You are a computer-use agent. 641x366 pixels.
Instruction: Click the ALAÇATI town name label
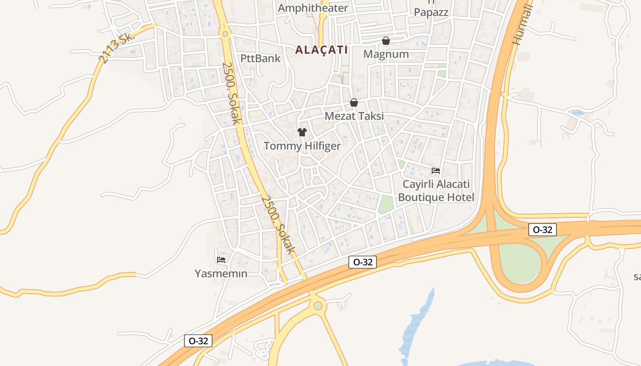(x=321, y=50)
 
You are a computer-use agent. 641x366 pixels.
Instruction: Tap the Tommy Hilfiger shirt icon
(x=302, y=132)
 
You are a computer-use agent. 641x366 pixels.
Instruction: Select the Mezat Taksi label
(x=354, y=116)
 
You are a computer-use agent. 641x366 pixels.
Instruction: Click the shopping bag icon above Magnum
(x=386, y=41)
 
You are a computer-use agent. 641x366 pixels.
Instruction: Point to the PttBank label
(x=261, y=59)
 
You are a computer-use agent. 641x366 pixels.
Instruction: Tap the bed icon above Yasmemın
(x=221, y=260)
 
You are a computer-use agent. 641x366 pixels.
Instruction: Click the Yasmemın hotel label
(x=221, y=274)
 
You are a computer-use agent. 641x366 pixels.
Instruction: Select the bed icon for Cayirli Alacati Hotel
(x=436, y=171)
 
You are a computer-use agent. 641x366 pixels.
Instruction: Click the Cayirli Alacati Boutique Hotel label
(x=436, y=191)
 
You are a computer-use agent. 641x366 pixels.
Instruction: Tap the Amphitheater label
(x=313, y=8)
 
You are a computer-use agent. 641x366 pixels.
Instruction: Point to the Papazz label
(x=431, y=12)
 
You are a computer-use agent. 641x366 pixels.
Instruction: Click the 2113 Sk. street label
(x=117, y=48)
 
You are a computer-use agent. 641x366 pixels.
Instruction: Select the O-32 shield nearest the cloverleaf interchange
(x=543, y=230)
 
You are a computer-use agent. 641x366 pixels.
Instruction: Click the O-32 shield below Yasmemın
(x=198, y=341)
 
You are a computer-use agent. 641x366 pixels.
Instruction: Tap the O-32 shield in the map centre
(x=363, y=262)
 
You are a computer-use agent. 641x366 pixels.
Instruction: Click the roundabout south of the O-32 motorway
(x=318, y=306)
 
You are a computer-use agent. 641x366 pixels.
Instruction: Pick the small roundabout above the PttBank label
(x=224, y=33)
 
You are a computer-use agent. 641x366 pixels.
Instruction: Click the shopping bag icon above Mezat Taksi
(x=354, y=102)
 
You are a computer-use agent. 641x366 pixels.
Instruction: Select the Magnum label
(x=386, y=54)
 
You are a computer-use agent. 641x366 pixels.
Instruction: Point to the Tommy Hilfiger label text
(x=302, y=146)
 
